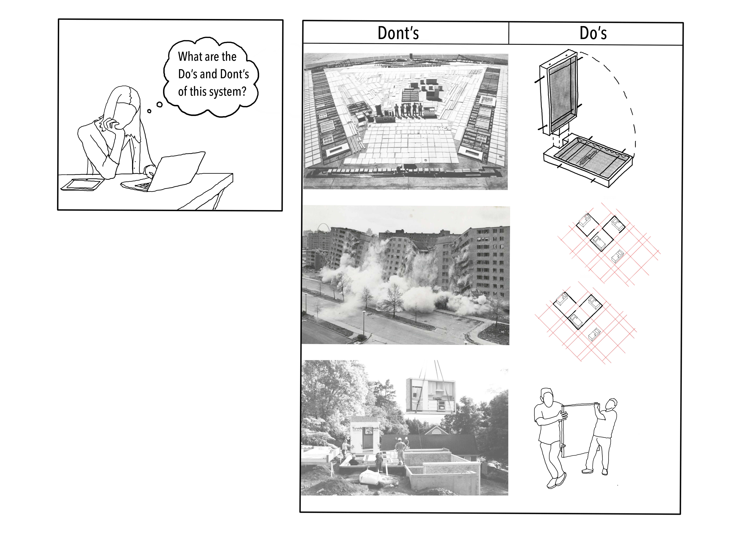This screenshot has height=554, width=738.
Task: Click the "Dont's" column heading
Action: click(x=398, y=33)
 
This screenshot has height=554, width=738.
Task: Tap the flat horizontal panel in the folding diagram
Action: click(x=588, y=160)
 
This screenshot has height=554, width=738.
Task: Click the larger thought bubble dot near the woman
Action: click(x=159, y=105)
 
